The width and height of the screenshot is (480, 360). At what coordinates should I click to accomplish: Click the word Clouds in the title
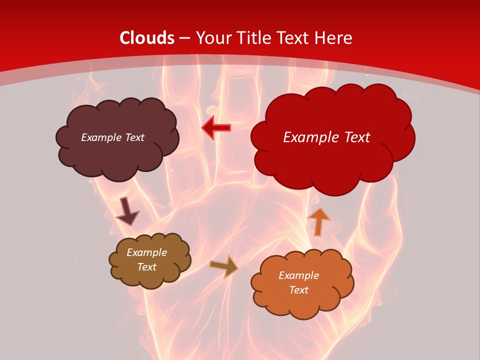[147, 38]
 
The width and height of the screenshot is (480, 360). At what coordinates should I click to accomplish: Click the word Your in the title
[213, 38]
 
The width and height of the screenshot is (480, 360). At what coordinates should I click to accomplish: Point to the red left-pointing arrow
[216, 128]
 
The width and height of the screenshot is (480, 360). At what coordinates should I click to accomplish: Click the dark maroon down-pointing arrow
[127, 211]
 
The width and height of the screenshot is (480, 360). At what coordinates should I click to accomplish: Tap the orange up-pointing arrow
[318, 221]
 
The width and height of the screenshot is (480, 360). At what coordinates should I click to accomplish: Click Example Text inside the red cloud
[326, 137]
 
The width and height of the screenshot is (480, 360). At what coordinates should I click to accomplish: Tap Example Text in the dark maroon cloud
[112, 137]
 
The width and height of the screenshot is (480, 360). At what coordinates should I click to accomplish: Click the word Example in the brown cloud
[146, 252]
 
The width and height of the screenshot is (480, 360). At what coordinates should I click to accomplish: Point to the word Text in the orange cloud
[298, 290]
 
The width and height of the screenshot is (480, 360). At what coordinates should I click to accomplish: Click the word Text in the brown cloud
[146, 267]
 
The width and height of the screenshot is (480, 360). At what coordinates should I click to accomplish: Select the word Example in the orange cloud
[298, 275]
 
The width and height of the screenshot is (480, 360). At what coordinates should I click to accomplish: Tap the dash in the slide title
[184, 38]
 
